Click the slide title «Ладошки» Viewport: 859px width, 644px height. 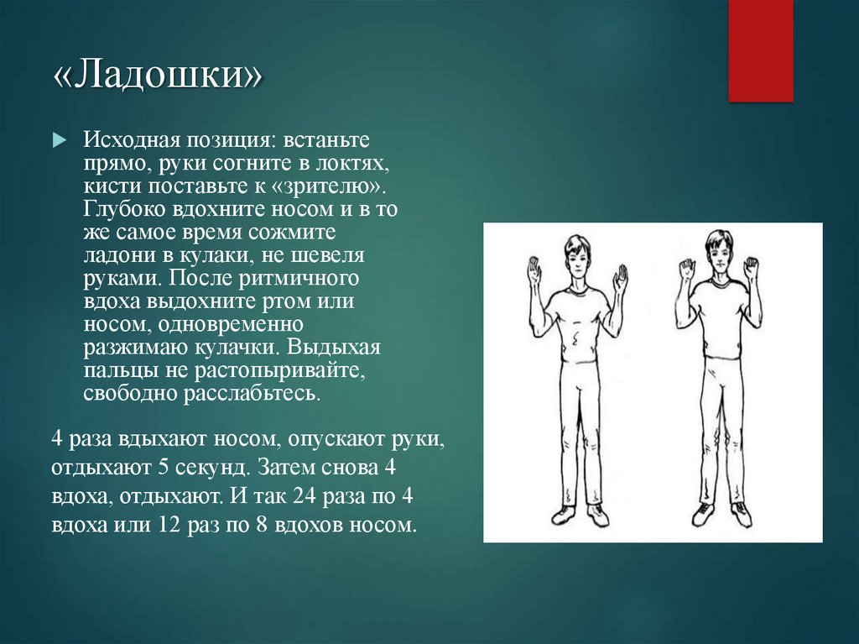click(157, 77)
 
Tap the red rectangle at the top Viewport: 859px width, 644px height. click(760, 50)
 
